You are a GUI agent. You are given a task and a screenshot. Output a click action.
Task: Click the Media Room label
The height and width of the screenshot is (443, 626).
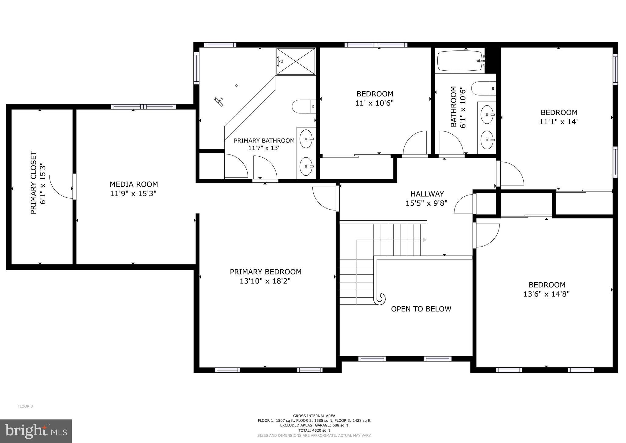[134, 184]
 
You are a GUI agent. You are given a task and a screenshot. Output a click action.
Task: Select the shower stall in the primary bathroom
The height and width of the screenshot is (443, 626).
[295, 61]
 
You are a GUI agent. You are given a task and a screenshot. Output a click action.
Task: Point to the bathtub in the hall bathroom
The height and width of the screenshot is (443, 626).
[460, 61]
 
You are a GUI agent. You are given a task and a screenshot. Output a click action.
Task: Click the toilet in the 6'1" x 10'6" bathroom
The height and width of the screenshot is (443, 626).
[483, 89]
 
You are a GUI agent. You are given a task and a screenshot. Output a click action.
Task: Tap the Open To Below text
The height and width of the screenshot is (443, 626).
[421, 309]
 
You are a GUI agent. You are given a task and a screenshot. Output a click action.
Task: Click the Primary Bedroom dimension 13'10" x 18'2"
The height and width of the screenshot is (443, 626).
[265, 281]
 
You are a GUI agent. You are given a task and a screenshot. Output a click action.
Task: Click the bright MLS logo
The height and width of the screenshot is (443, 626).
[36, 431]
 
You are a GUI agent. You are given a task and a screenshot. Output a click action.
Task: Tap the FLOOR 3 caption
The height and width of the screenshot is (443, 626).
[25, 406]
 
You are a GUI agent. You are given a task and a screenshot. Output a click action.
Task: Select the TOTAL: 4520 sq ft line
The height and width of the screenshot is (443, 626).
[314, 430]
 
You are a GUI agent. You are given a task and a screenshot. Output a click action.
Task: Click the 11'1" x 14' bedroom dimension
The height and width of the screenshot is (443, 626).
[558, 122]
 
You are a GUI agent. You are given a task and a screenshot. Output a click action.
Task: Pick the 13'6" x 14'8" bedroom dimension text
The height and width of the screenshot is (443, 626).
[546, 294]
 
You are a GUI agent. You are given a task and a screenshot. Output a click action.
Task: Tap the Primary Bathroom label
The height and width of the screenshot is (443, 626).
[264, 140]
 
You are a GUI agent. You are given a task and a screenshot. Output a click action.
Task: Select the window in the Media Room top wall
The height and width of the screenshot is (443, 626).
[143, 107]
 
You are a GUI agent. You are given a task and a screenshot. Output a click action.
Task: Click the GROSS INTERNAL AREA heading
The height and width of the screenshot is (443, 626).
[314, 416]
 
